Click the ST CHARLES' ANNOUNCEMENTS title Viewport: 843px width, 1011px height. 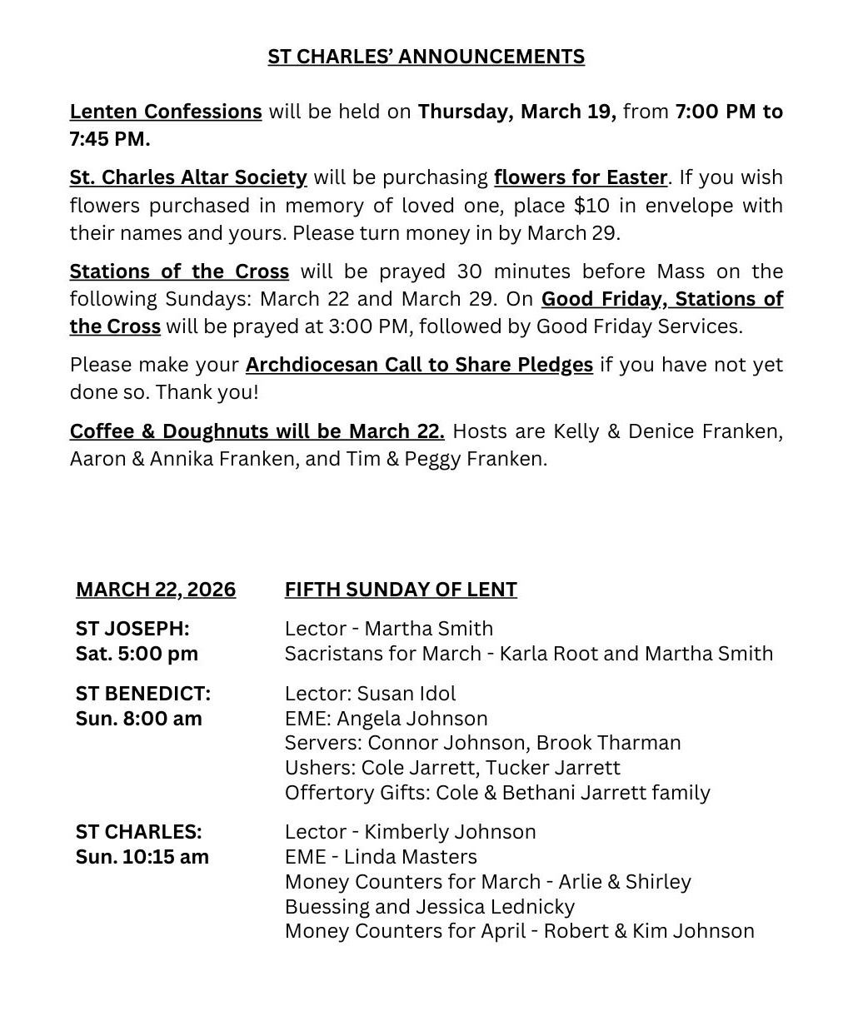[x=426, y=57]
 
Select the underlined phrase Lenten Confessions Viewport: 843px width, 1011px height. [x=166, y=112]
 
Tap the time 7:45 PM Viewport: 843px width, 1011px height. [x=110, y=139]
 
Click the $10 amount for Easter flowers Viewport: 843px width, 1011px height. [x=591, y=205]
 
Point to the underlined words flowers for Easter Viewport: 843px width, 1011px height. [x=581, y=177]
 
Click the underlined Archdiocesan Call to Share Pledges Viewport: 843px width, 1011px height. [x=419, y=365]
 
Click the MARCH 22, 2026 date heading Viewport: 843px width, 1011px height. [x=156, y=590]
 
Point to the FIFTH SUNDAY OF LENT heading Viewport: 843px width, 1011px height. [x=401, y=590]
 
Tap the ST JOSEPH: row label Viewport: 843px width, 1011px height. [x=132, y=629]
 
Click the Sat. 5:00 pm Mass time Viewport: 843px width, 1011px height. [x=137, y=654]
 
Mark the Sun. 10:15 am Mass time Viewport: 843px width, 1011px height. [x=142, y=857]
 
